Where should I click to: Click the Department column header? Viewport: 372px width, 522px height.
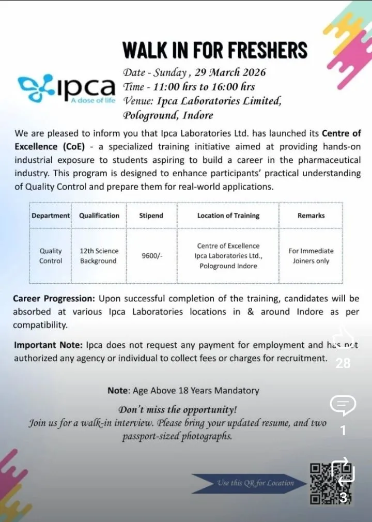tap(51, 216)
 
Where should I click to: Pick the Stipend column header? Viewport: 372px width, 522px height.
tap(151, 216)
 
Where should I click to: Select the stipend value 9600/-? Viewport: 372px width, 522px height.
tap(152, 256)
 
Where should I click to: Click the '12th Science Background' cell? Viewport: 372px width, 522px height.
tap(99, 256)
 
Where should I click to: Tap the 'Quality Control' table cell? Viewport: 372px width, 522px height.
tap(51, 256)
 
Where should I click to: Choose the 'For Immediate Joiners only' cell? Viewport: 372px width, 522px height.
tap(311, 256)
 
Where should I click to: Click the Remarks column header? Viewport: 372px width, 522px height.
tap(311, 216)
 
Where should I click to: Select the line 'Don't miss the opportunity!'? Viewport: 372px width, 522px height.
tap(178, 410)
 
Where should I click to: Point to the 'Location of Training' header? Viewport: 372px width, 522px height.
tap(228, 216)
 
